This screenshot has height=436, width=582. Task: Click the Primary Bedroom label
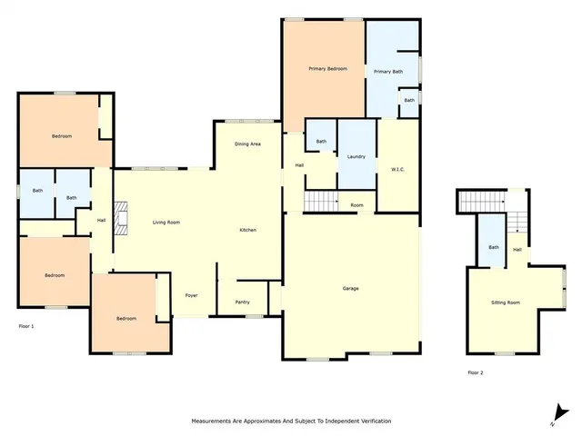(x=327, y=69)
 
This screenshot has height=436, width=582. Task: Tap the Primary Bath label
(x=387, y=71)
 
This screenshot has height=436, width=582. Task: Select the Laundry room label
(x=356, y=156)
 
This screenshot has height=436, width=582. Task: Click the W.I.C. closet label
(x=397, y=168)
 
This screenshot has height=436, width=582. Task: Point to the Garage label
(x=350, y=289)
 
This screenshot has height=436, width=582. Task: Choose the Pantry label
(x=243, y=302)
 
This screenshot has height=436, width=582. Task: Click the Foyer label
(x=192, y=296)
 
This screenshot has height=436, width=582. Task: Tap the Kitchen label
(x=247, y=230)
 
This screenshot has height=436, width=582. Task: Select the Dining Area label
(x=248, y=144)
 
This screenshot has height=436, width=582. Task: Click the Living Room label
(x=166, y=223)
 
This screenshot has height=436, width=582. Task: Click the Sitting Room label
(x=506, y=302)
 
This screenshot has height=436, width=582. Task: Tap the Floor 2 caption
(x=477, y=372)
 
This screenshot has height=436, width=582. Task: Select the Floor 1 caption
(x=26, y=325)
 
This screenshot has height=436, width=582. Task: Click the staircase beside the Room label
(x=319, y=202)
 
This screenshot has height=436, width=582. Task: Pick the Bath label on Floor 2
(x=494, y=247)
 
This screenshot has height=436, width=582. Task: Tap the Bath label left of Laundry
(x=321, y=142)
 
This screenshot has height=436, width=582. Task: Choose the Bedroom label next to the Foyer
(x=126, y=318)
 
